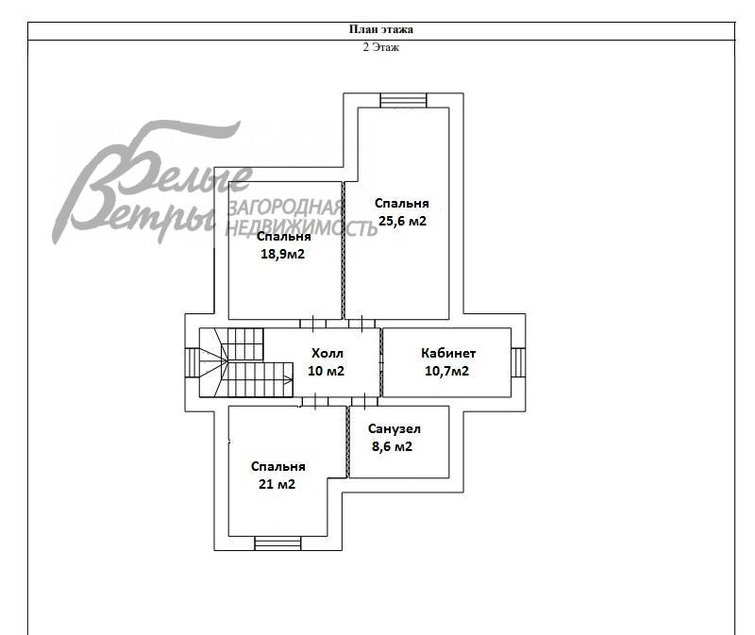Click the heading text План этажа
tap(381, 29)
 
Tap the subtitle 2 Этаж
tap(381, 47)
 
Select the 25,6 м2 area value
tap(403, 221)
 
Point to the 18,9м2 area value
tap(282, 254)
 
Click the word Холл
tap(327, 354)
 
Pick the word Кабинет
tap(448, 353)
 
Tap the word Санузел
tap(394, 428)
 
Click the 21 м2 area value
tap(277, 484)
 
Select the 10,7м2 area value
tap(446, 371)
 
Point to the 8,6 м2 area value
tap(392, 446)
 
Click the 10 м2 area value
tap(326, 371)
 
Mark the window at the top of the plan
tap(404, 100)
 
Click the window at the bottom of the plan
tap(277, 543)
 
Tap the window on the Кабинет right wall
tap(518, 362)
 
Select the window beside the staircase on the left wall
tap(193, 362)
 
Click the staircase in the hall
tap(246, 362)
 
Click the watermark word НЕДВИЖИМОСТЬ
tap(301, 228)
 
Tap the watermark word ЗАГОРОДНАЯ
tap(285, 208)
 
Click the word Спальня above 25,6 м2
tap(402, 203)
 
